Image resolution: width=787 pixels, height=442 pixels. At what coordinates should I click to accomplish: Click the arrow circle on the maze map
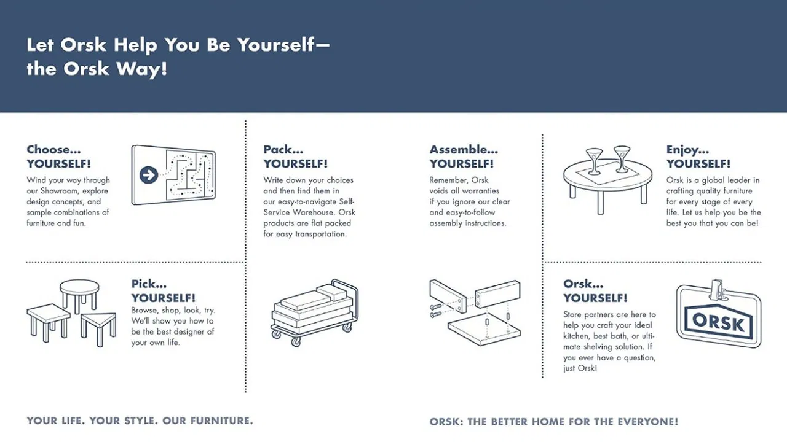click(x=149, y=175)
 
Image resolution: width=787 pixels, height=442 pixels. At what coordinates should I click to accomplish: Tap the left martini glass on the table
click(x=594, y=161)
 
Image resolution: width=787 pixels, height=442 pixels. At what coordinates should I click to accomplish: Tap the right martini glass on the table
click(x=622, y=159)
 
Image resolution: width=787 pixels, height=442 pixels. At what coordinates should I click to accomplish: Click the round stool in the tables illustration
click(x=79, y=295)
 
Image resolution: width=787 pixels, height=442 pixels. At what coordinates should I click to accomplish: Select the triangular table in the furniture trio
click(x=98, y=328)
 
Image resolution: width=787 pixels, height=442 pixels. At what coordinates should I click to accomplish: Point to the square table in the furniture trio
click(x=49, y=322)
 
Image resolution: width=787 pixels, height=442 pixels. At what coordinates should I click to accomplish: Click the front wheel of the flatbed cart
click(x=296, y=341)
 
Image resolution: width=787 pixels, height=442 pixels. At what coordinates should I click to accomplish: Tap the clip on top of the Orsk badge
click(x=718, y=290)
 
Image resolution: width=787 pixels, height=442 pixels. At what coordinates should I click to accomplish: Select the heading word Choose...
click(x=53, y=150)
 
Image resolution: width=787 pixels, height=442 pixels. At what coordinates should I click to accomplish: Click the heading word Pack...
click(x=283, y=150)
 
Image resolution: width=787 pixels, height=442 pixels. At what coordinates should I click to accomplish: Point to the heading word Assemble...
click(x=464, y=150)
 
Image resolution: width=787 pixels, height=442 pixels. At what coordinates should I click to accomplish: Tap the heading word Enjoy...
click(x=687, y=150)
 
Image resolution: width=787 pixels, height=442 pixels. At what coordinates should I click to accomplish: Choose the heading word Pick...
click(x=149, y=284)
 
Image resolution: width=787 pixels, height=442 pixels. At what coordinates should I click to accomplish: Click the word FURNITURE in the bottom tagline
click(x=222, y=421)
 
